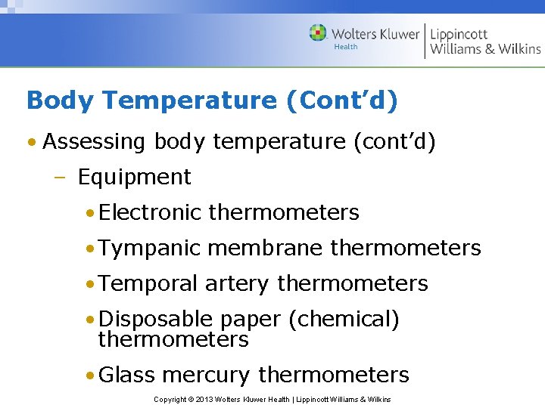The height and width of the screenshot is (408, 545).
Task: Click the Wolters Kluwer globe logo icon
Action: (318, 32)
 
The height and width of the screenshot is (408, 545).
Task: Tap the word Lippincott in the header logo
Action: (459, 34)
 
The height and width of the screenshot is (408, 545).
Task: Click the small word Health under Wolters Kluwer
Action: (345, 47)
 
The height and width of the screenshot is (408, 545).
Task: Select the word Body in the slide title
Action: (53, 100)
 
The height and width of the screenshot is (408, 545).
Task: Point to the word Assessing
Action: (95, 141)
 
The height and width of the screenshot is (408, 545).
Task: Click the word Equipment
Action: (134, 177)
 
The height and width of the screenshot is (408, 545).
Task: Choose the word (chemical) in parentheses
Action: (344, 319)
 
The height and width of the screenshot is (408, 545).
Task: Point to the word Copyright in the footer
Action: (170, 399)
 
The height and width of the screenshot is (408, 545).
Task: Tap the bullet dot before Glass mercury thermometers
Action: (90, 375)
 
